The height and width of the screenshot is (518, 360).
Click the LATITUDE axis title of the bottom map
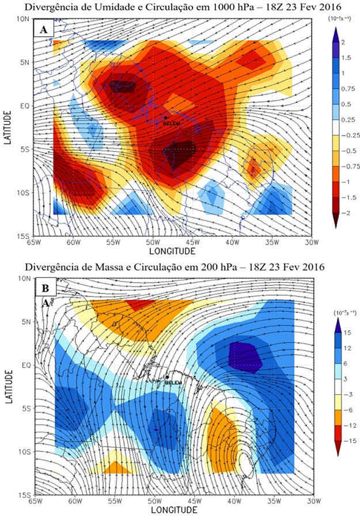[8, 386]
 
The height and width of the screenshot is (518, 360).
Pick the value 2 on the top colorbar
[342, 43]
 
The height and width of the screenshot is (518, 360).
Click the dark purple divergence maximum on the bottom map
[245, 356]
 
